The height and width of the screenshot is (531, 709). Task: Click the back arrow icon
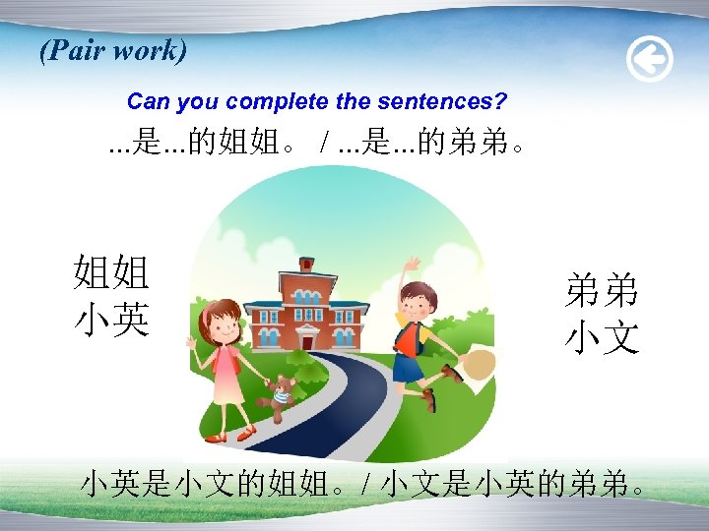coord(650,61)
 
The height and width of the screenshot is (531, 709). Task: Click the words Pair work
coord(113,51)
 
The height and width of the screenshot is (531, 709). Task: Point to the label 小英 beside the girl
coord(111,320)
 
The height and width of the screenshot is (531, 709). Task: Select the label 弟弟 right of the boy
coord(602,291)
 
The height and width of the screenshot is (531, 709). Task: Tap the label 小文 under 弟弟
coord(602,337)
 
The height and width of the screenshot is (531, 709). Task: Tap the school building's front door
coord(306,339)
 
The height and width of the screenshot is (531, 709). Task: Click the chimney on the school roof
coord(306,264)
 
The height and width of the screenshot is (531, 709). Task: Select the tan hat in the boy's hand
coord(479,365)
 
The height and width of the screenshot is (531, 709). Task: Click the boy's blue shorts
coord(408,368)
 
